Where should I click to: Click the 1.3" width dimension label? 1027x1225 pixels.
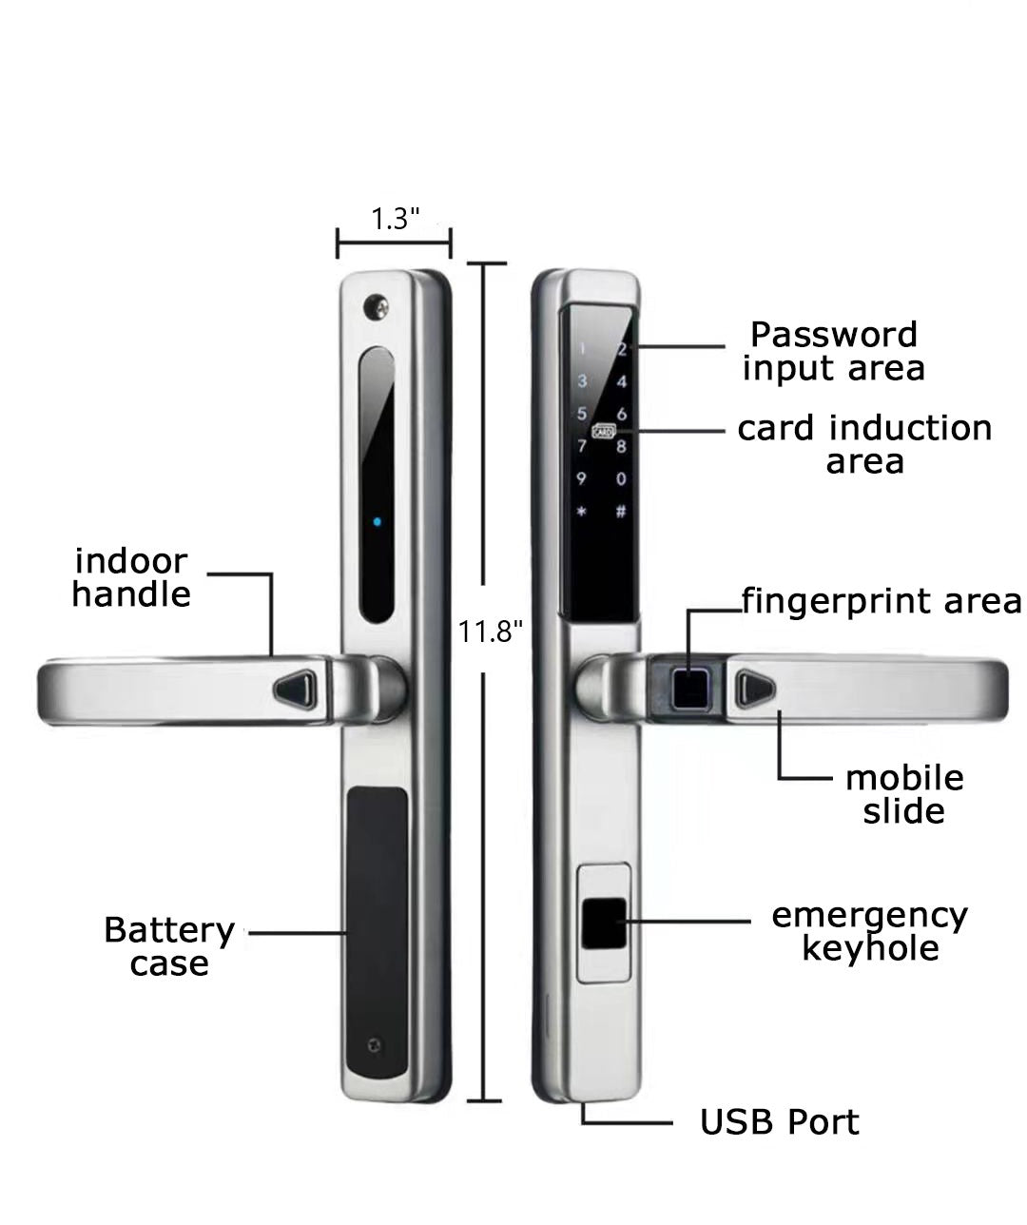[x=395, y=219]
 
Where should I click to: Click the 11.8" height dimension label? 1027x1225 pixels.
[x=491, y=631]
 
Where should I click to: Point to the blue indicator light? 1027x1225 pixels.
[x=378, y=522]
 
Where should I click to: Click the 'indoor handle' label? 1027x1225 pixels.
[x=131, y=577]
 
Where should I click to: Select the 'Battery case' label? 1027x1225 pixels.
[x=169, y=945]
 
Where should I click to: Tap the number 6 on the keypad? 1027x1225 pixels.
[x=622, y=414]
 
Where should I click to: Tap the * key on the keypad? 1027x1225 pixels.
[x=582, y=512]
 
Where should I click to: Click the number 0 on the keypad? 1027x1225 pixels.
[x=622, y=478]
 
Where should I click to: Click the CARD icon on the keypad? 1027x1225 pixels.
[x=603, y=430]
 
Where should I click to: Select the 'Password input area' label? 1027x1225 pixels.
[x=833, y=351]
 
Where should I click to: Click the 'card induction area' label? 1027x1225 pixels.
[x=864, y=444]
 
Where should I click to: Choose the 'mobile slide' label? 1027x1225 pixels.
[x=903, y=794]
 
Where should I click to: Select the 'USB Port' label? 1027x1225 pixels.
[x=779, y=1122]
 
